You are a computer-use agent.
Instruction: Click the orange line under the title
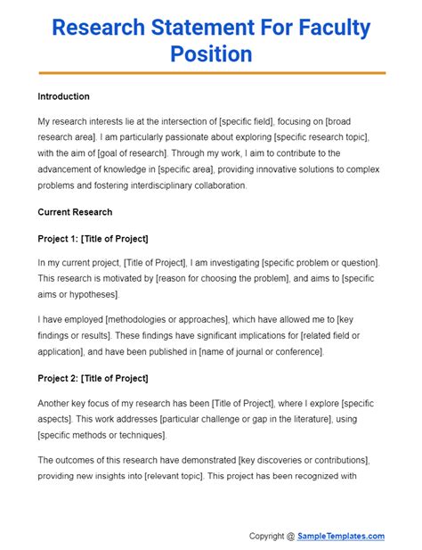(x=211, y=72)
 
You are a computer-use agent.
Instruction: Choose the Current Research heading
(x=75, y=212)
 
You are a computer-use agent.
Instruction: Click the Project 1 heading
(x=93, y=238)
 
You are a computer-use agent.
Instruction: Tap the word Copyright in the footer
(x=272, y=536)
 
